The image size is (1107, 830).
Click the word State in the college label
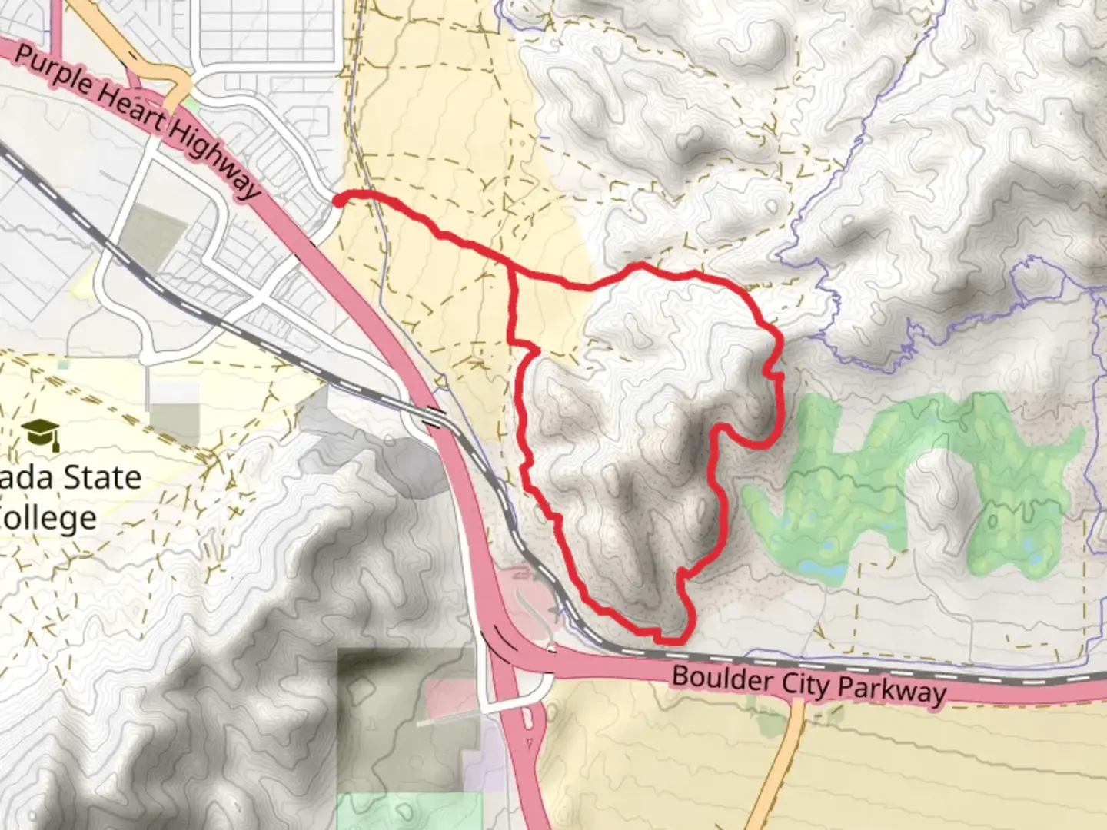(x=99, y=478)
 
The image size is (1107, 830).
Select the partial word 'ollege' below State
(x=50, y=518)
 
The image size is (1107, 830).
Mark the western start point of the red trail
(x=337, y=201)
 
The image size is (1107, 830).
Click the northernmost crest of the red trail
(x=638, y=266)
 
